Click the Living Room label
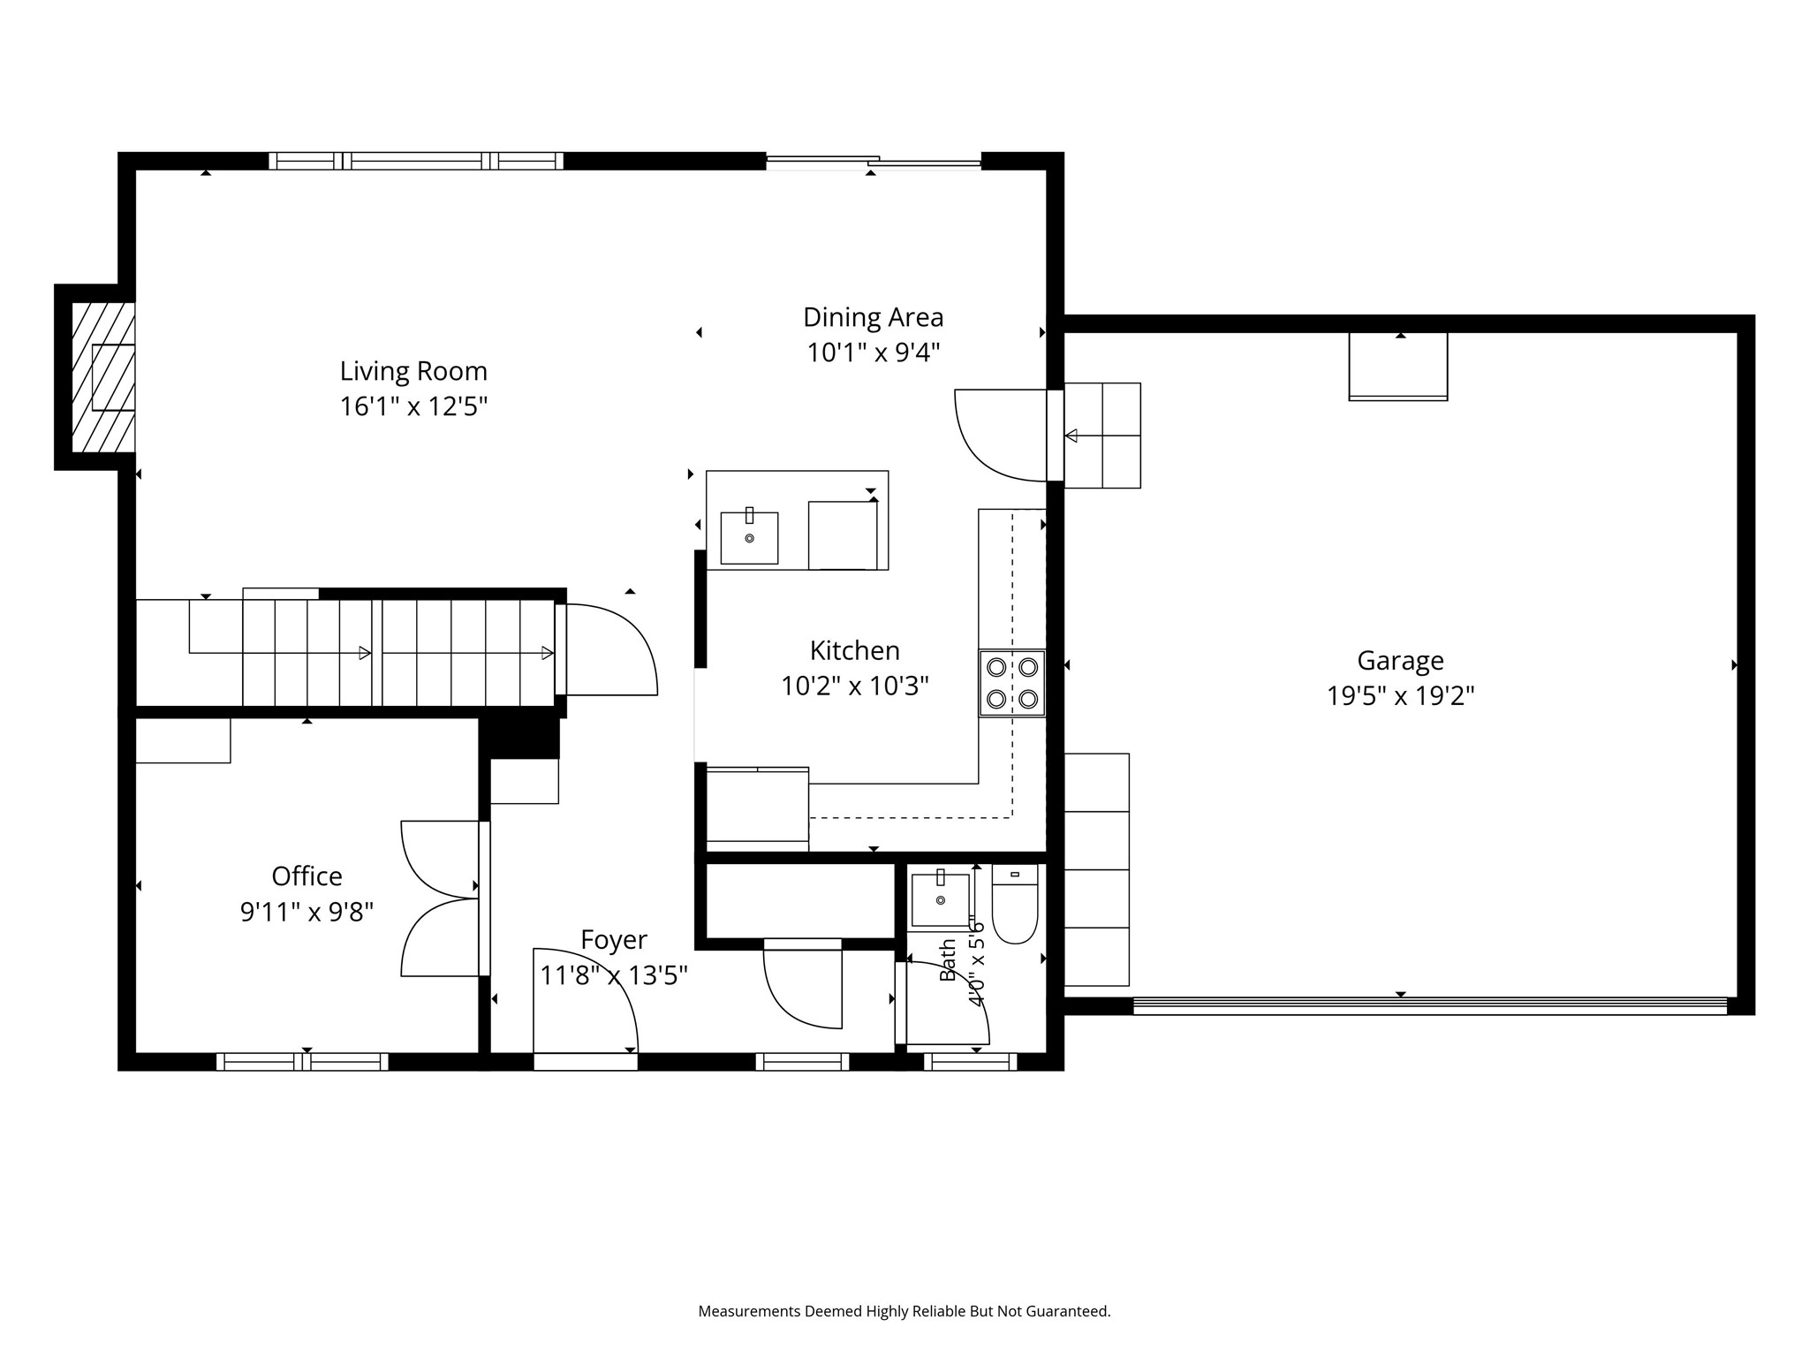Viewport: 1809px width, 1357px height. pyautogui.click(x=413, y=371)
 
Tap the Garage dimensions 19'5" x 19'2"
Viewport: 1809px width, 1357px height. pyautogui.click(x=1401, y=696)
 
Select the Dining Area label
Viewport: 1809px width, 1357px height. pyautogui.click(x=874, y=317)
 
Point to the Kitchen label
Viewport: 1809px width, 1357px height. pyautogui.click(x=855, y=651)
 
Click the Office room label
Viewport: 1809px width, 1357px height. pyautogui.click(x=307, y=876)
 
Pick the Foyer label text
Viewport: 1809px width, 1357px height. pyautogui.click(x=614, y=940)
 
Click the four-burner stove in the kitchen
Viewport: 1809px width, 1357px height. pyautogui.click(x=1012, y=683)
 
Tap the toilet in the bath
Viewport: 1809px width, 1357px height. pyautogui.click(x=1015, y=904)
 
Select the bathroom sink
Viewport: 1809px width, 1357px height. pyautogui.click(x=940, y=900)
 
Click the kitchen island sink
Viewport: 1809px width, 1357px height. pyautogui.click(x=749, y=537)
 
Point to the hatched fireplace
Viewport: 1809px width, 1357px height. pyautogui.click(x=102, y=377)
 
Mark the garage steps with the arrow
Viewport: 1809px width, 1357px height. pyautogui.click(x=1102, y=436)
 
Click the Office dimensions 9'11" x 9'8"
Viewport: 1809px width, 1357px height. pyautogui.click(x=307, y=912)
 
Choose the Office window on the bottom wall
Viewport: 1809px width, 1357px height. pyautogui.click(x=302, y=1062)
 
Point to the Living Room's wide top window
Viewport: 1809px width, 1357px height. pyautogui.click(x=416, y=161)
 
